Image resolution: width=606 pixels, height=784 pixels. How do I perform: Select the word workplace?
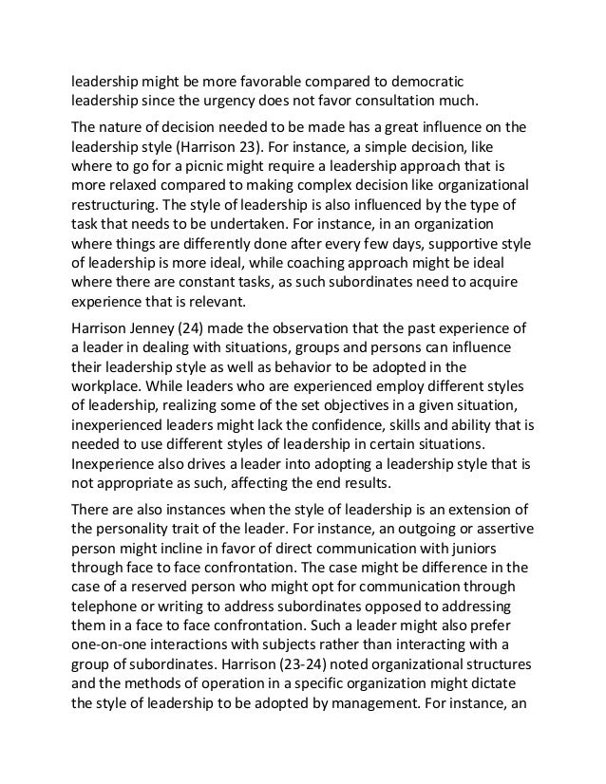coord(105,391)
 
